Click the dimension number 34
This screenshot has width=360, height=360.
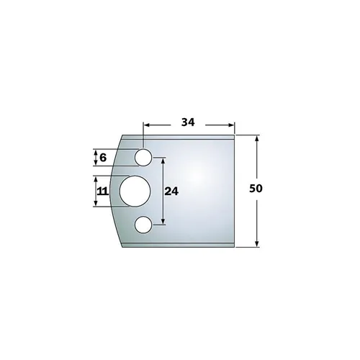click(x=189, y=122)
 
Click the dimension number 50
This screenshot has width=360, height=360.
click(x=256, y=189)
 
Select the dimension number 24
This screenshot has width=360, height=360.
click(x=171, y=192)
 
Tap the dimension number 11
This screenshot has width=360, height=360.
click(x=102, y=192)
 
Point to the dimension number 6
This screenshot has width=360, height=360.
click(x=102, y=157)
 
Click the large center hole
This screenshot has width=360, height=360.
click(x=134, y=192)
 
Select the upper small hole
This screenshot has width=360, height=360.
click(x=143, y=157)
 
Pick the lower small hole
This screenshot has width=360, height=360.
click(x=143, y=225)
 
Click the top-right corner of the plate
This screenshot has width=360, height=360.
click(x=235, y=135)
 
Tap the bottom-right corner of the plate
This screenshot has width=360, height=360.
click(x=235, y=247)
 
